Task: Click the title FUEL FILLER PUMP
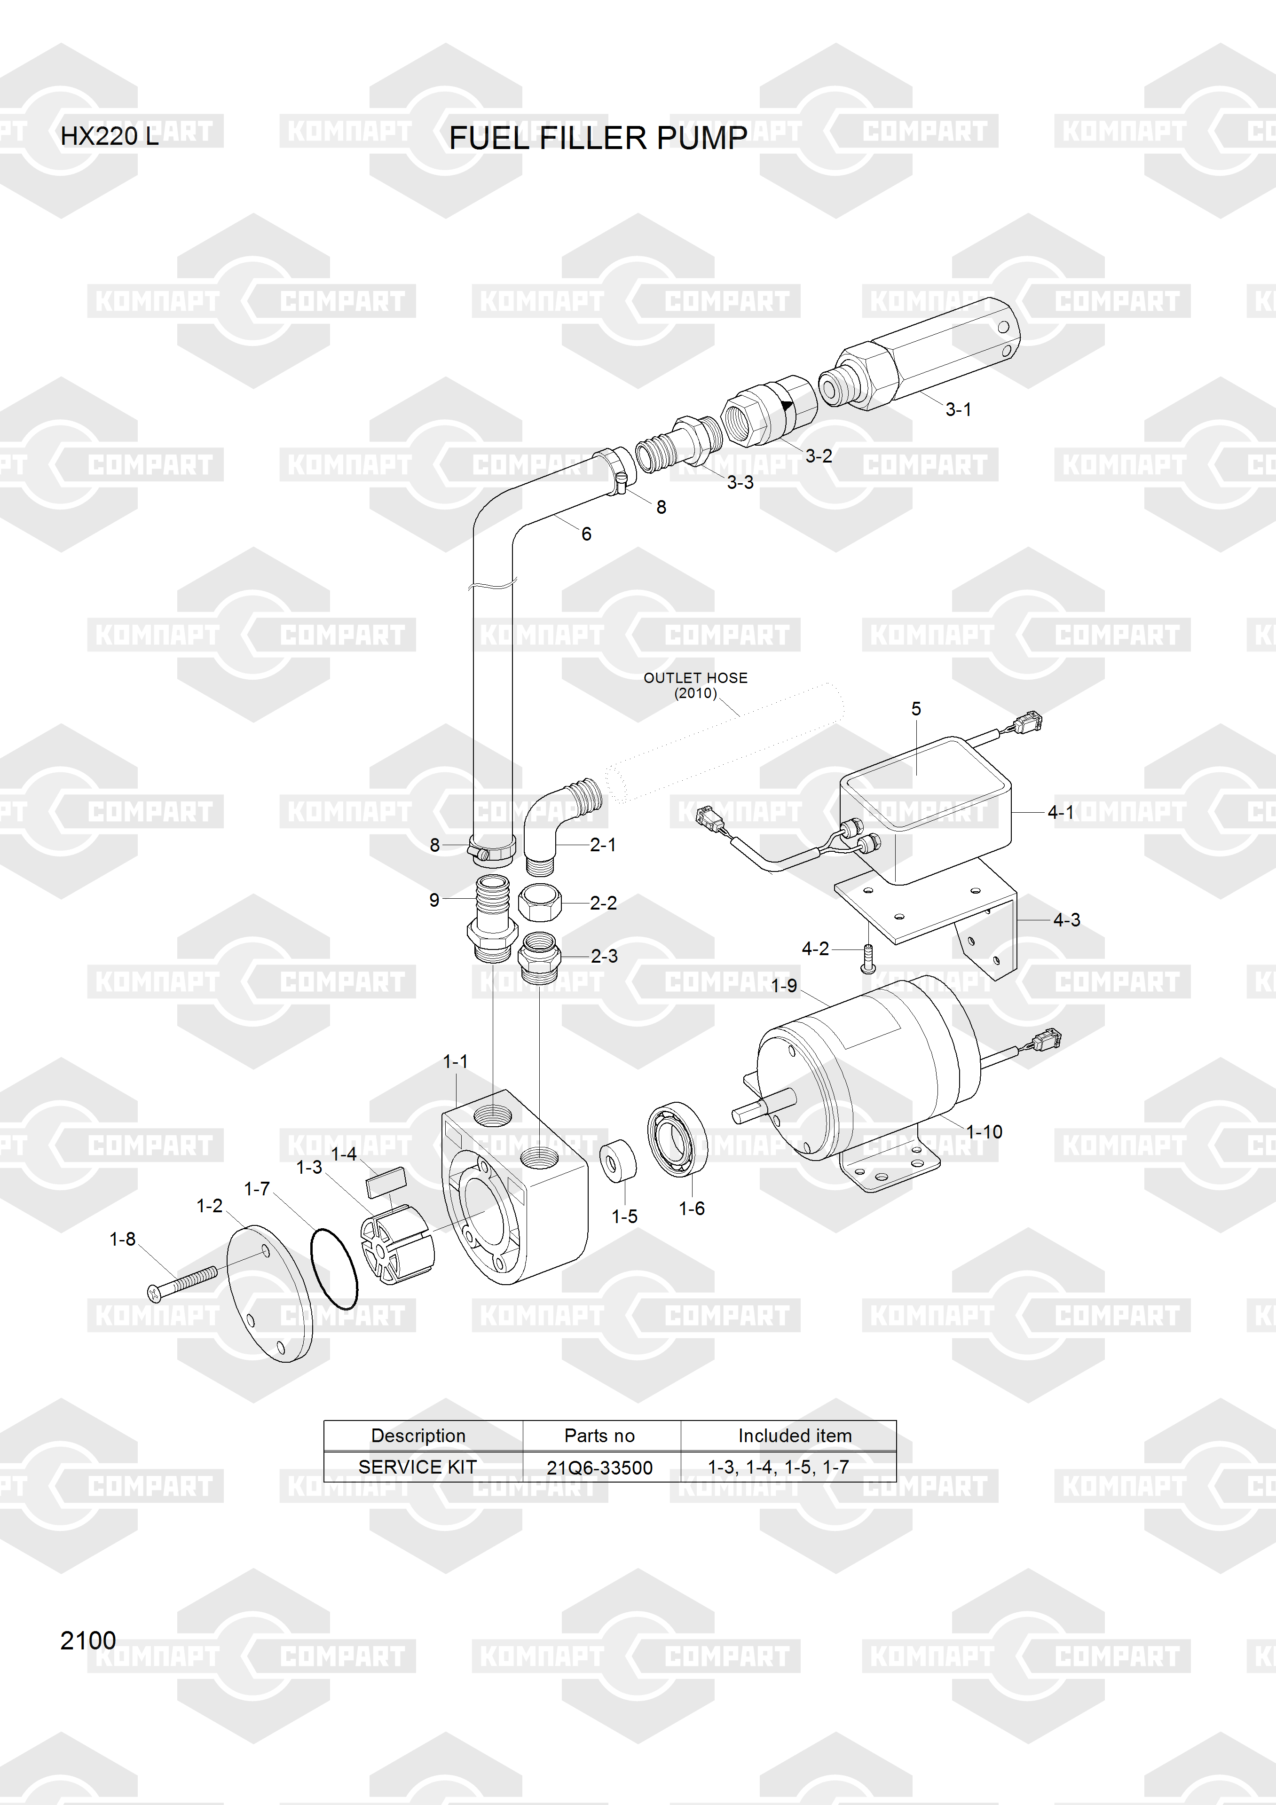(x=598, y=138)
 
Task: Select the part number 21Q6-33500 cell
(x=600, y=1468)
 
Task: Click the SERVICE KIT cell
(x=417, y=1467)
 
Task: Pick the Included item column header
(x=795, y=1436)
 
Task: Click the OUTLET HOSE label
(x=696, y=678)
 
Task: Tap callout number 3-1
(x=958, y=409)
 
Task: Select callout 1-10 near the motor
(x=985, y=1132)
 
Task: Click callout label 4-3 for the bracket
(x=1067, y=920)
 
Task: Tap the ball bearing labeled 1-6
(x=677, y=1139)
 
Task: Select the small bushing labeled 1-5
(x=617, y=1160)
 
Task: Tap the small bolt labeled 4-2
(x=868, y=958)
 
